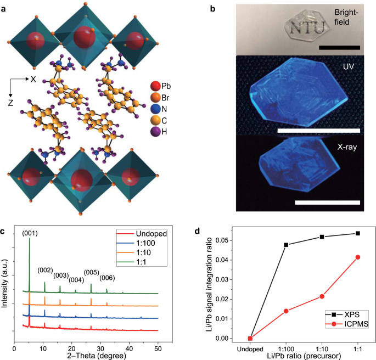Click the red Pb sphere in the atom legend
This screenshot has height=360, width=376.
pyautogui.click(x=156, y=86)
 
